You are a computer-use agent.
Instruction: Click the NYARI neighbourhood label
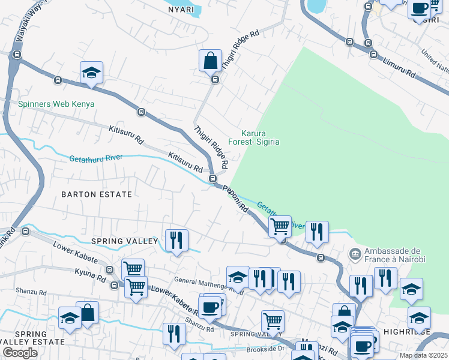181,10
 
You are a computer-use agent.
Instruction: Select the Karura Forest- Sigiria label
261,137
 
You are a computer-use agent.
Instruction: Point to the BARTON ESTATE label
97,194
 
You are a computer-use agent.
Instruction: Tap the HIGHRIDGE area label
410,332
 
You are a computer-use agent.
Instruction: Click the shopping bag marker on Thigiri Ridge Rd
211,61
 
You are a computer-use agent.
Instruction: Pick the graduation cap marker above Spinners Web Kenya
91,73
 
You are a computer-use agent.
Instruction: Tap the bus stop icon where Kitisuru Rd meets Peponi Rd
212,179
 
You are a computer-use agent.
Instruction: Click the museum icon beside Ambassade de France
355,254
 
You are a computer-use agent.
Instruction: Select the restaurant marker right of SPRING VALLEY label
176,241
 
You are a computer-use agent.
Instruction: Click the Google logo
20,353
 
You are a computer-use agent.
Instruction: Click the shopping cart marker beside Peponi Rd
280,227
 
